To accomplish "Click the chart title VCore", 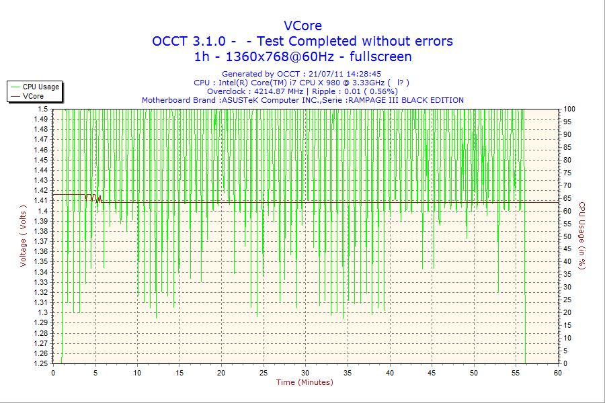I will [302, 26].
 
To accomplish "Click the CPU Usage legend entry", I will [41, 87].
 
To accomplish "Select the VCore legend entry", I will [33, 96].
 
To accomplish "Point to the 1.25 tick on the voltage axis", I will [41, 363].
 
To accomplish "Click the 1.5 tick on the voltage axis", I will [43, 109].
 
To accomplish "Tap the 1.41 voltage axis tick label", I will [41, 200].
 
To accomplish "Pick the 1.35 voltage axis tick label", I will [41, 261].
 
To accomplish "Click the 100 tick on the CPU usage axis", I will [569, 109].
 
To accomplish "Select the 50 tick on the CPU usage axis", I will [567, 236].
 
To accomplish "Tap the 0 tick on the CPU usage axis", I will [565, 363].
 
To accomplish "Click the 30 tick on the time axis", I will [305, 372].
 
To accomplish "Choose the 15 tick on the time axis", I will [179, 372].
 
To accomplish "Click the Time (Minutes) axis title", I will [305, 382].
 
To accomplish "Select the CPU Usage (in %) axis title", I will [582, 236].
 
